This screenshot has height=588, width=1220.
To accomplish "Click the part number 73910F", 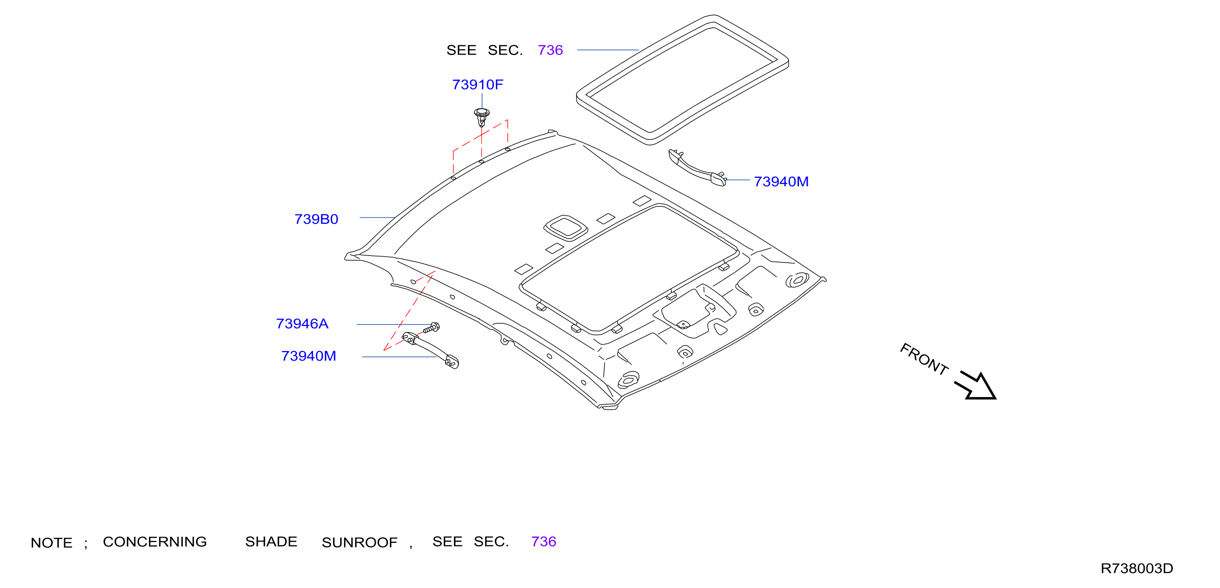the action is click(477, 84).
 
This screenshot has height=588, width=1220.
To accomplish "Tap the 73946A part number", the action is click(302, 324).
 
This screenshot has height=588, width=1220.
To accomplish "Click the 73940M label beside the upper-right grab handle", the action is click(781, 181).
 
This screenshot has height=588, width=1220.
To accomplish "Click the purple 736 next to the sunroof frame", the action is click(550, 50).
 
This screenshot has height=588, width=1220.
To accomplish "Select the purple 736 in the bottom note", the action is click(544, 542).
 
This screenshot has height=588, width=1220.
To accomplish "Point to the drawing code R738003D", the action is click(1137, 568).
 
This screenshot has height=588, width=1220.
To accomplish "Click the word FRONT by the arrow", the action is click(924, 359).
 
